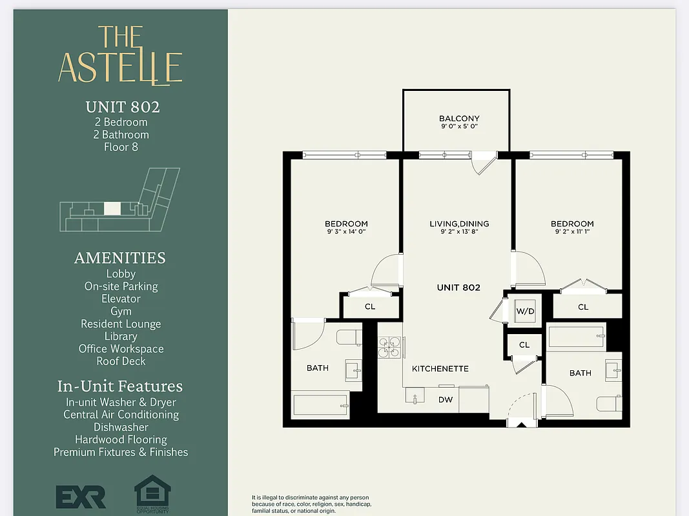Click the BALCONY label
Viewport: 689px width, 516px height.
(x=458, y=119)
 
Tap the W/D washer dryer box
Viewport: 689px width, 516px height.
(x=524, y=312)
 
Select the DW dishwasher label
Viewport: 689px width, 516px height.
(x=446, y=400)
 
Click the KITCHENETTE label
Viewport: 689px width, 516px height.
(x=440, y=368)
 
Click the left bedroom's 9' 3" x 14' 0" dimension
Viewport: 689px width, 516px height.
(x=346, y=232)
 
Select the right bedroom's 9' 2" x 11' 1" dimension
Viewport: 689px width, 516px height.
(x=571, y=232)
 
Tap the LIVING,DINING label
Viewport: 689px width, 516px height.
(x=459, y=224)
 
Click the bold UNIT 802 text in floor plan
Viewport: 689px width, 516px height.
(x=458, y=288)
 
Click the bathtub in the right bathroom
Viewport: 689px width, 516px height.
(x=576, y=337)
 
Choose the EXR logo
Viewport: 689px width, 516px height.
(x=81, y=496)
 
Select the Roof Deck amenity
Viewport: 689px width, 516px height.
(x=121, y=361)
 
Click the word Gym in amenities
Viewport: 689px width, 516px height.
(x=121, y=312)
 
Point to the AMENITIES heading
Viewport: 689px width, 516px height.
(x=120, y=258)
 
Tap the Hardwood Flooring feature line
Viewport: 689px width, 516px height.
(x=121, y=440)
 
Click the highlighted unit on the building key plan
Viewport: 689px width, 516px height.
(x=112, y=208)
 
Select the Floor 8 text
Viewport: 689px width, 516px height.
(x=121, y=147)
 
